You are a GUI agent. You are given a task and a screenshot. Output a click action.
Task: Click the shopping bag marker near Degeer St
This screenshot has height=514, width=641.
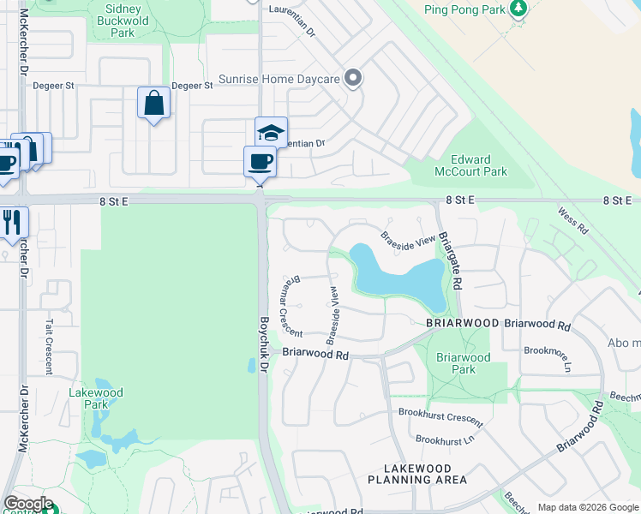(x=153, y=104)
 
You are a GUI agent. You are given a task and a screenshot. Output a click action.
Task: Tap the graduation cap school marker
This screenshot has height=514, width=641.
(x=271, y=133)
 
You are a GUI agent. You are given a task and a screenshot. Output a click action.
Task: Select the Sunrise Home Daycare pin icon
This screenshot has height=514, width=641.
(x=352, y=79)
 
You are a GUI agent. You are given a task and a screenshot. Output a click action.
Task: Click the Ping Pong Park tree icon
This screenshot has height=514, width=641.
(x=518, y=9)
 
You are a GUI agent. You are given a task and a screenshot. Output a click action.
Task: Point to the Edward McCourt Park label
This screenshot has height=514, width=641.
(x=471, y=165)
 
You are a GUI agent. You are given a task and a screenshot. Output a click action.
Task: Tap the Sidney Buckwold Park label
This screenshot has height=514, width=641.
(x=123, y=21)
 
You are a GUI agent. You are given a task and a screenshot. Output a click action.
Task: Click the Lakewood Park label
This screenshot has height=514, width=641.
(x=96, y=398)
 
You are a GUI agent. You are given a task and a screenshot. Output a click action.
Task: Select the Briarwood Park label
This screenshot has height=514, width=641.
(x=463, y=363)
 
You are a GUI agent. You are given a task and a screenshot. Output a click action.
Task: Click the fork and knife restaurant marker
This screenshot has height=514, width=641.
(x=12, y=221)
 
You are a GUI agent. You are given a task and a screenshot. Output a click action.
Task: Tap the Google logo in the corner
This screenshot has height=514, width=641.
(x=28, y=504)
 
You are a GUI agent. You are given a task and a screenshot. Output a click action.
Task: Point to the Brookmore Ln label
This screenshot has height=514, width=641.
(x=548, y=352)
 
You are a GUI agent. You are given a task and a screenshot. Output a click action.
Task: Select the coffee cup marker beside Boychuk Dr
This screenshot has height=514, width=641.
(x=260, y=161)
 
